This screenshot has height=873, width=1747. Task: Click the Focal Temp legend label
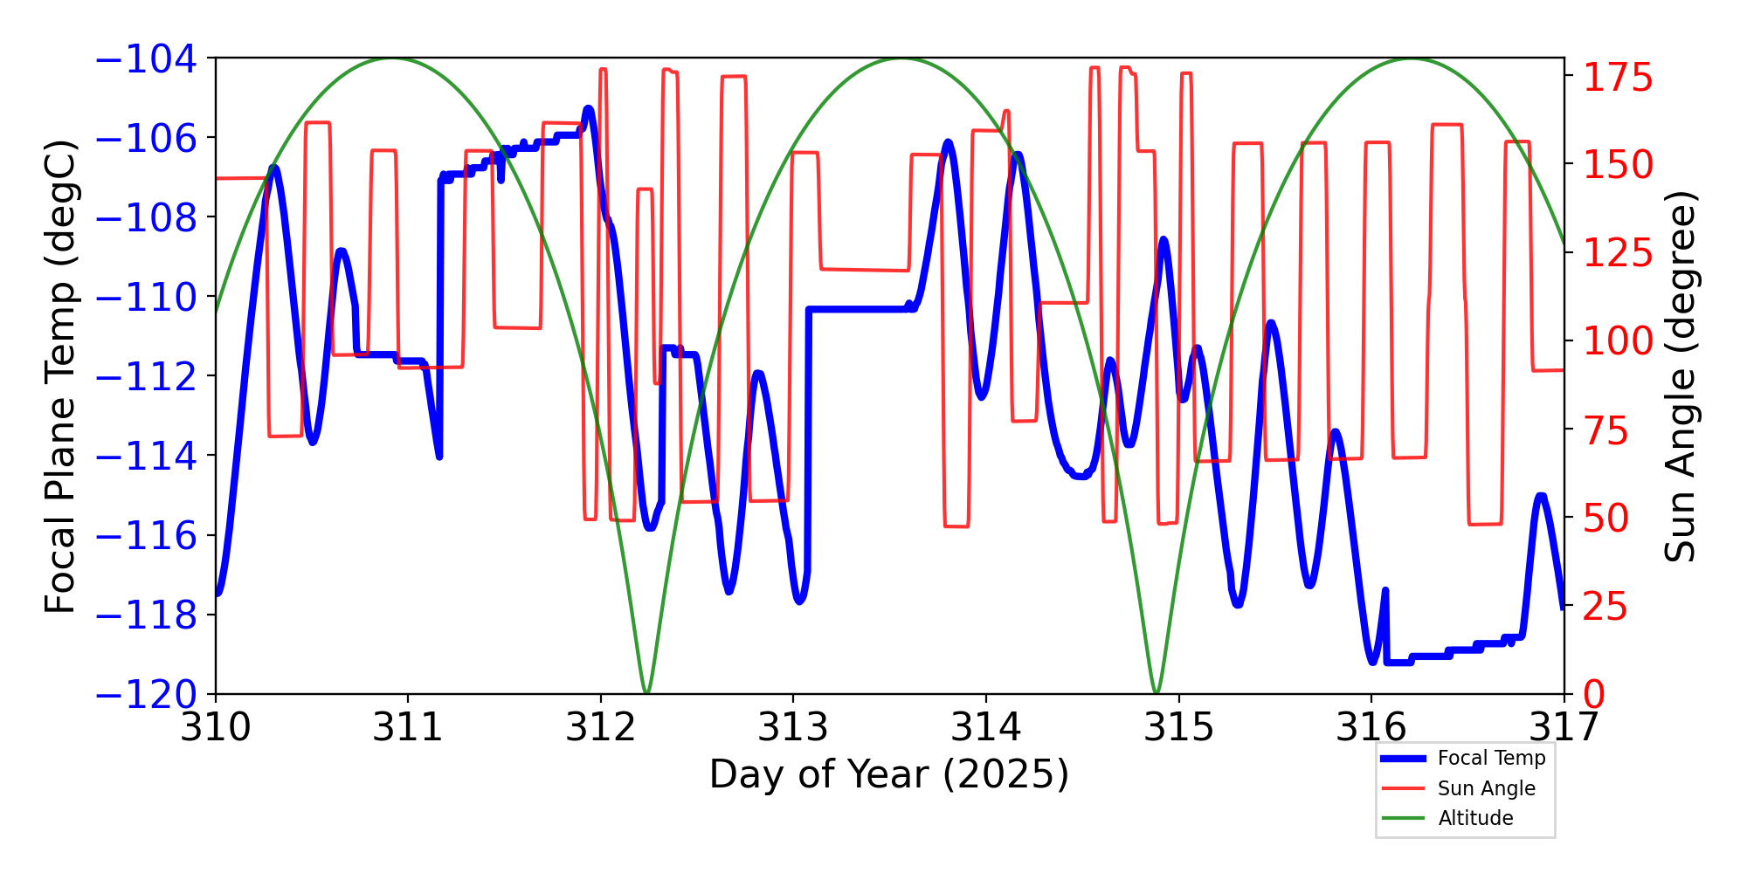click(x=1491, y=758)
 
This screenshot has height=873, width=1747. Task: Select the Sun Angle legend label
click(x=1486, y=788)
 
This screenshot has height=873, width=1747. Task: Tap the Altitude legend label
click(x=1475, y=818)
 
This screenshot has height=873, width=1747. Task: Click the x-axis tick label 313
click(x=793, y=727)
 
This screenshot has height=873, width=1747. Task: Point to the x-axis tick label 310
click(x=216, y=727)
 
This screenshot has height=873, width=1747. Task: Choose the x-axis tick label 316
click(x=1371, y=727)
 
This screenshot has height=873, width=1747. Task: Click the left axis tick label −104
click(x=146, y=59)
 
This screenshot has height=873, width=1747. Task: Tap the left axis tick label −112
click(x=146, y=377)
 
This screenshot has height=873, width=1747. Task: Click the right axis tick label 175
click(x=1619, y=79)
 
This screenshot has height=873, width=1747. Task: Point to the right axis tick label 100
click(x=1619, y=341)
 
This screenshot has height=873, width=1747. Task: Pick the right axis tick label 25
click(x=1607, y=607)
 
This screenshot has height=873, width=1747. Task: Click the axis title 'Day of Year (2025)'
click(x=888, y=774)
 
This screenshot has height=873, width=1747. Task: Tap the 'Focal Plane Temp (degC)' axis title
click(x=60, y=376)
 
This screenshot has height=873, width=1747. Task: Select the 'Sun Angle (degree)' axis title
click(x=1679, y=376)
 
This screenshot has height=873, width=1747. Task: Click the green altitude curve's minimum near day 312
click(x=646, y=692)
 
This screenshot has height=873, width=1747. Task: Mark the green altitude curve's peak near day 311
click(x=390, y=58)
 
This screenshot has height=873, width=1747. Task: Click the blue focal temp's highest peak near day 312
click(x=589, y=109)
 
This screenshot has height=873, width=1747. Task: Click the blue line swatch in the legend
click(x=1403, y=759)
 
